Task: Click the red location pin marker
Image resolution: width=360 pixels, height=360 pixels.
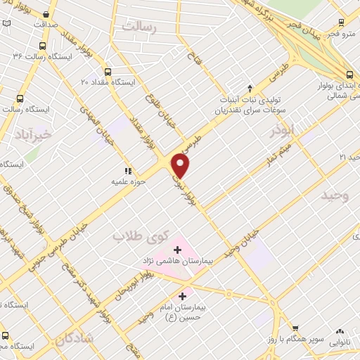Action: click(181, 166)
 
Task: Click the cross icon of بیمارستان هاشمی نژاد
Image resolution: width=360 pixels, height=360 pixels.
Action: click(176, 249)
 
